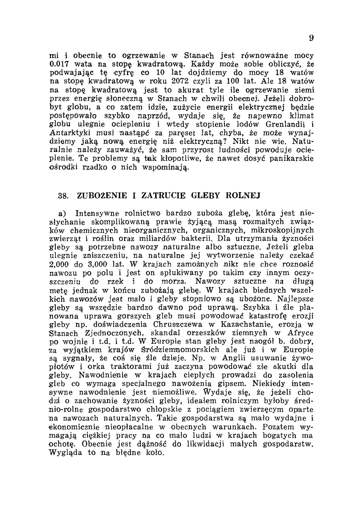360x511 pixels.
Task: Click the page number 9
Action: (311, 38)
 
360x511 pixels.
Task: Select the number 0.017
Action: (59, 64)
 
